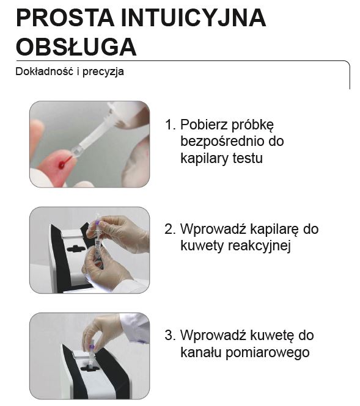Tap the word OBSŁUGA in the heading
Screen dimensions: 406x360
76,47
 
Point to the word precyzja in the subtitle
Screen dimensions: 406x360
105,71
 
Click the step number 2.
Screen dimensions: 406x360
170,230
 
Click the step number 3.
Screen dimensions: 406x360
170,335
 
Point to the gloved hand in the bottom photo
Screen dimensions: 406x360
103,330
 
